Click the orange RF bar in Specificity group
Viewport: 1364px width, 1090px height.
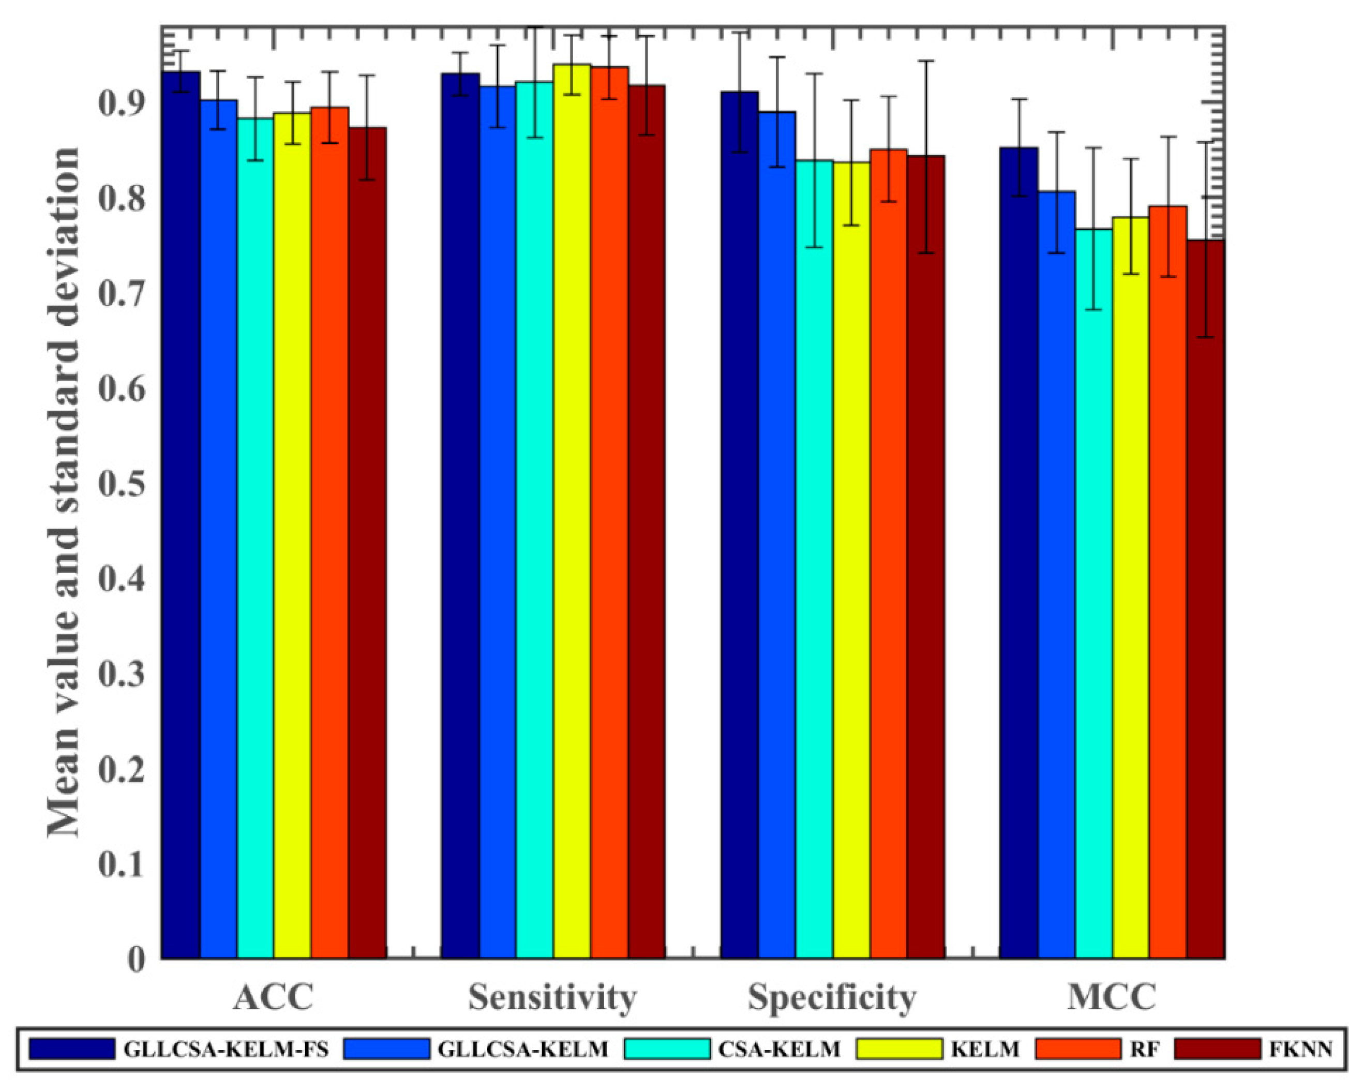click(x=888, y=553)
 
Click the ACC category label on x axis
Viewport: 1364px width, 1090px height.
click(x=273, y=997)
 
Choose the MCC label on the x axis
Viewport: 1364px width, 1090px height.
click(x=1112, y=997)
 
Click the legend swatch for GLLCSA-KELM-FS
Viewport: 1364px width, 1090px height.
click(x=72, y=1049)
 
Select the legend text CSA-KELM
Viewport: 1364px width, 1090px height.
click(x=779, y=1050)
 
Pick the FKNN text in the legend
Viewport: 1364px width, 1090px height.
click(x=1300, y=1050)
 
